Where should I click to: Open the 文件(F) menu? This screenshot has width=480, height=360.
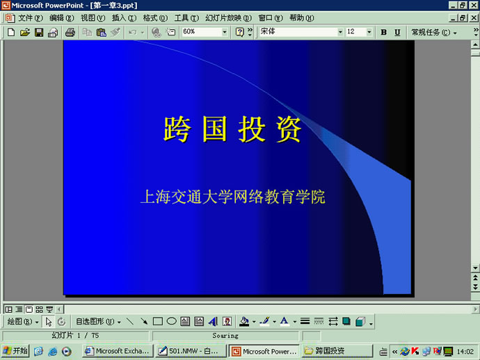(31, 18)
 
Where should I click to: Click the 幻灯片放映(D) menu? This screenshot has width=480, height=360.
(228, 18)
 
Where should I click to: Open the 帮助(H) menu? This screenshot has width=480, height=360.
(301, 18)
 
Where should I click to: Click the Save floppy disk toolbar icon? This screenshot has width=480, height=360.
(39, 32)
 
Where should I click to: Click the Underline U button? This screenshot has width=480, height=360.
(397, 32)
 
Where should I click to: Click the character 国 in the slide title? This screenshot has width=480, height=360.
(214, 129)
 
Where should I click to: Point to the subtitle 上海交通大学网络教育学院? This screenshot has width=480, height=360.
(232, 197)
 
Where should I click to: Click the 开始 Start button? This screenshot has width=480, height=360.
(15, 351)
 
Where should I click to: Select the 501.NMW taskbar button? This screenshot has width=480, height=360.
(191, 351)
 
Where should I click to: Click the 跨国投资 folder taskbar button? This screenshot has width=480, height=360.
(337, 351)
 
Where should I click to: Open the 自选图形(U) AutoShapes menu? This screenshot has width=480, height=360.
(98, 322)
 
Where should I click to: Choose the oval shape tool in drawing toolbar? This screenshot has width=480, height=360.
(171, 321)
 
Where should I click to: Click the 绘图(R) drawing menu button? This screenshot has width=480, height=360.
(23, 322)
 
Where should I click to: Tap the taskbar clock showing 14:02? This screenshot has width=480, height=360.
(465, 352)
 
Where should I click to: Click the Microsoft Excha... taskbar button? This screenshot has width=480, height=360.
(118, 351)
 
